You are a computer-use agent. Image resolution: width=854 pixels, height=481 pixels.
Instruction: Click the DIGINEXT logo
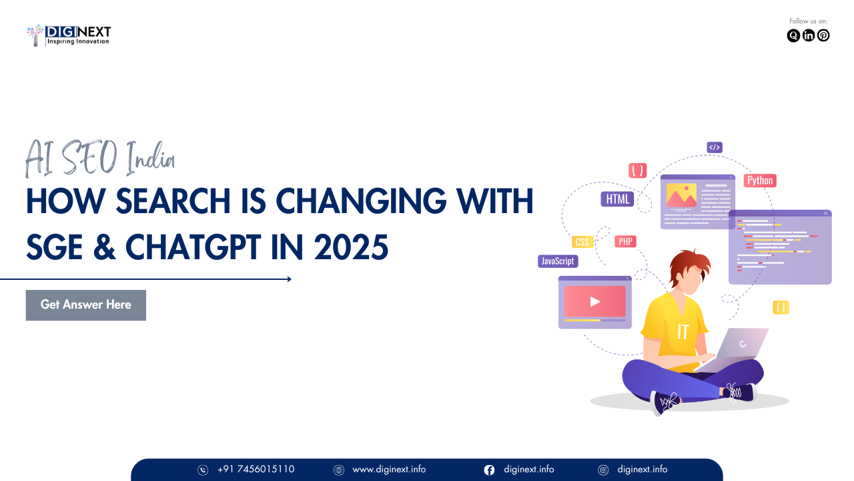coord(69,35)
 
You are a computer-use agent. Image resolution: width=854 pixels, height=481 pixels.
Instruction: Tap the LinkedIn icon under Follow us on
coord(808,35)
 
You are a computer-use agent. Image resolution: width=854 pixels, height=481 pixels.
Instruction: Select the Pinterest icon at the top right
coord(823,35)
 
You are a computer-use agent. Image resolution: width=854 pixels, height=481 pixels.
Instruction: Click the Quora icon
coord(793,35)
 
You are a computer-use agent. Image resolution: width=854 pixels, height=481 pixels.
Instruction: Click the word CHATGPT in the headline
coord(193,247)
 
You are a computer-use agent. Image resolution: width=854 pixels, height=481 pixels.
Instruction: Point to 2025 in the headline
coord(351,247)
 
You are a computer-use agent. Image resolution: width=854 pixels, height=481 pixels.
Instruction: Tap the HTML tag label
coord(617,199)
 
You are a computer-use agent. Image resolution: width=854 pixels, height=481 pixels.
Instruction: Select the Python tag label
coord(760,180)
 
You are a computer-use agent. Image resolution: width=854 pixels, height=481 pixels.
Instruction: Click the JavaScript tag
coord(558,261)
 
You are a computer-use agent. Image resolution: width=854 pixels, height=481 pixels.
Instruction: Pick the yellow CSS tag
coord(582,242)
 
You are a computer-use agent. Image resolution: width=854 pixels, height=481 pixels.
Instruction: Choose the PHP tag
coord(625,242)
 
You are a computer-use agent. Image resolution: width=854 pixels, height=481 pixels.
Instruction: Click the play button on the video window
coord(594,302)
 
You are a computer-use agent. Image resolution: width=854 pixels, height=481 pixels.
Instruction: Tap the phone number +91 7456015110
coord(256,469)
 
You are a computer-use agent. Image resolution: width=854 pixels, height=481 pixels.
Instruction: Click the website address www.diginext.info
coord(389,469)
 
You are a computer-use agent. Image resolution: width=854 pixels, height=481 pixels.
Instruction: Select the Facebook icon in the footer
coord(489,470)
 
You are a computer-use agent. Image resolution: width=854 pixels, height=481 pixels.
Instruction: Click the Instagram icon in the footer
coord(603,470)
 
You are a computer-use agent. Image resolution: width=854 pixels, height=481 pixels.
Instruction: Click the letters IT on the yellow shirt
coord(683,332)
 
